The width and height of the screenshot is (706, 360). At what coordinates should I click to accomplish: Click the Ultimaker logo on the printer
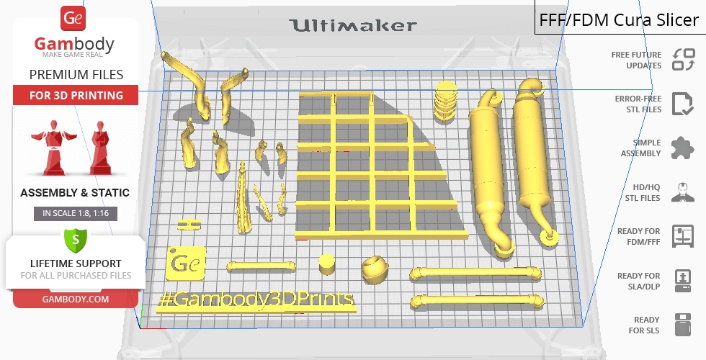point(353,26)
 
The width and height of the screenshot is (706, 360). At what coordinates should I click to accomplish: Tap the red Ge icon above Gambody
point(73,19)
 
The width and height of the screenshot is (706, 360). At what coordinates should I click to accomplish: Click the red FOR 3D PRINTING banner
point(76,95)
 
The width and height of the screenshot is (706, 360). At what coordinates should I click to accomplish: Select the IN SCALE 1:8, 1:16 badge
point(76,213)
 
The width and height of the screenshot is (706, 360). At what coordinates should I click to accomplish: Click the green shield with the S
point(76,240)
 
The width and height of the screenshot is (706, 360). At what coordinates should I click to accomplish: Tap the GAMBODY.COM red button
point(76,300)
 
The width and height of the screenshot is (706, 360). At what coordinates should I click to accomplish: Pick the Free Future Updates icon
point(684,60)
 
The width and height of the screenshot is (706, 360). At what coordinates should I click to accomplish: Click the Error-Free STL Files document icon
point(683,104)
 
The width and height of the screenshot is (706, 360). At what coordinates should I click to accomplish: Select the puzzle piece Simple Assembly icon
point(683,148)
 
